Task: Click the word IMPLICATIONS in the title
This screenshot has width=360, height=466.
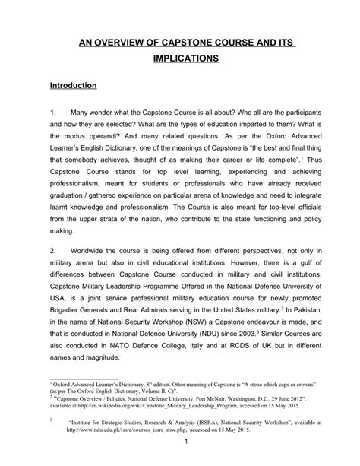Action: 180,57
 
